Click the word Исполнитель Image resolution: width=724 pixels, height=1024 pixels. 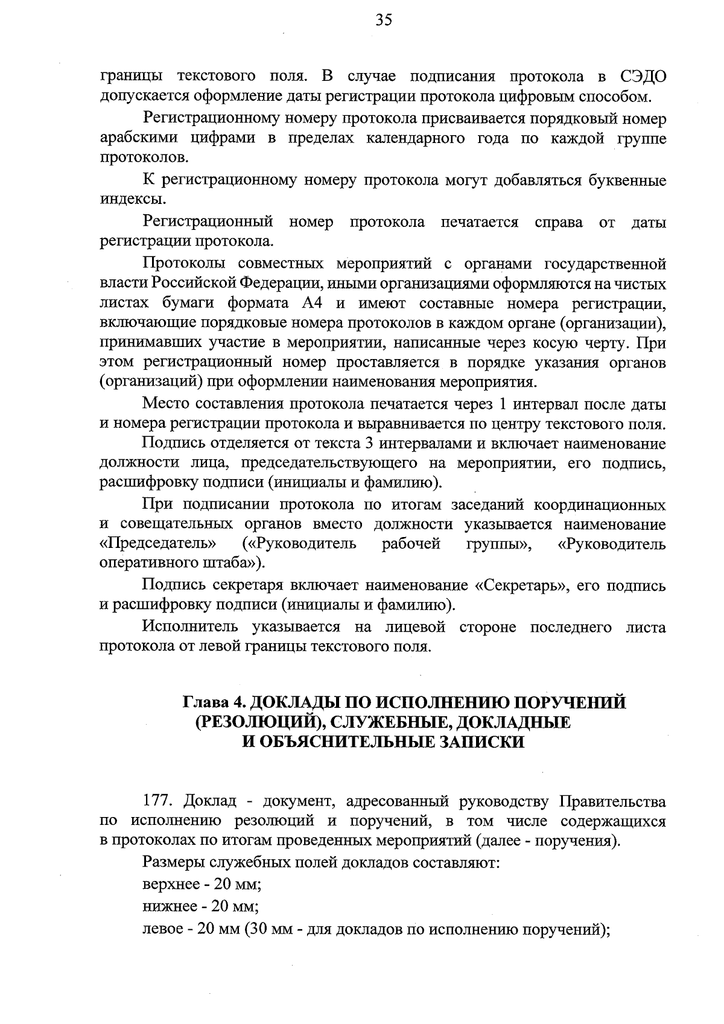click(x=192, y=628)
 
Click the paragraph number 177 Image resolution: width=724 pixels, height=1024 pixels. click(x=158, y=802)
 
